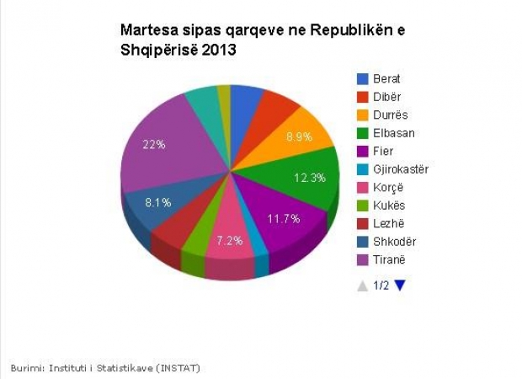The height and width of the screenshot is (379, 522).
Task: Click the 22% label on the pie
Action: [154, 145]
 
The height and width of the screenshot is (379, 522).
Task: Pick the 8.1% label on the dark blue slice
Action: [158, 202]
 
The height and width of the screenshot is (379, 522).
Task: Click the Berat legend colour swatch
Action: [363, 79]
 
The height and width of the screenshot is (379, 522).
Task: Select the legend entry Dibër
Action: [387, 97]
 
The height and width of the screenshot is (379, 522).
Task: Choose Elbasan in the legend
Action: [393, 133]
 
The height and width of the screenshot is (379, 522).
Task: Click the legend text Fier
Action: [383, 152]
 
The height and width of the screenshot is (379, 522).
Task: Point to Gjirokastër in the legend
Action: [401, 169]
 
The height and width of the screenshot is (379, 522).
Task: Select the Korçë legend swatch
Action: [363, 188]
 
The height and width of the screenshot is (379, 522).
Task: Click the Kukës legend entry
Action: [389, 206]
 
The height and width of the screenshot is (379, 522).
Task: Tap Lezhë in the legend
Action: [388, 224]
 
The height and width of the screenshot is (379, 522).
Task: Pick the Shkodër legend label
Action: [394, 242]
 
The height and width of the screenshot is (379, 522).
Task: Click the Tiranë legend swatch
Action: [363, 260]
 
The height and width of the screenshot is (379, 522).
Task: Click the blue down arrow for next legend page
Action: [400, 286]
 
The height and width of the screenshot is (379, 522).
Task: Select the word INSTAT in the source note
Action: [178, 368]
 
